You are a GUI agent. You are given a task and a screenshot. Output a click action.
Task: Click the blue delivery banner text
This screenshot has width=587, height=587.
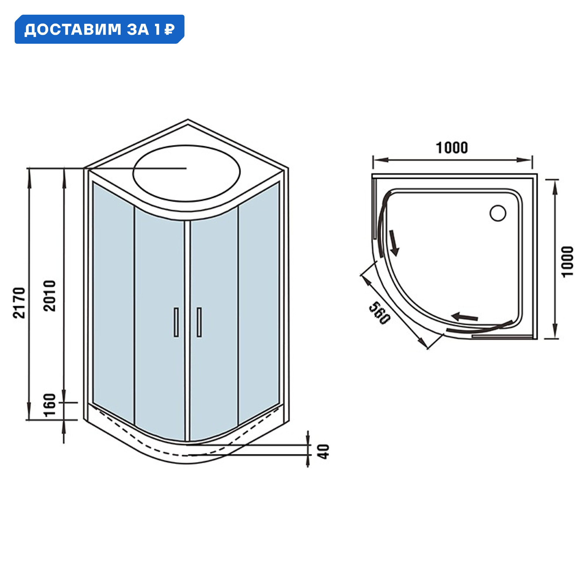point(99,29)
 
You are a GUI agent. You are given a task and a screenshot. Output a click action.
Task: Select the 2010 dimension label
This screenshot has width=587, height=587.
point(50,296)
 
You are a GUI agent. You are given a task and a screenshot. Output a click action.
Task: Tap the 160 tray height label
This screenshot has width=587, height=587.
point(50,405)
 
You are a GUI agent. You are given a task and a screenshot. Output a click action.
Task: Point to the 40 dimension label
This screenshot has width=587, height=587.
point(325,451)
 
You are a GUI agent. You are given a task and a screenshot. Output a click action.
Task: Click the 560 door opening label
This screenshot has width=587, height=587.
point(379,313)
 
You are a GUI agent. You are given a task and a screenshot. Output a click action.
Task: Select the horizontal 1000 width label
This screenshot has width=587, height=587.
point(452,148)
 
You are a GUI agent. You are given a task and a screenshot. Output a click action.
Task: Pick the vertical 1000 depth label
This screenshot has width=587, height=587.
point(567,262)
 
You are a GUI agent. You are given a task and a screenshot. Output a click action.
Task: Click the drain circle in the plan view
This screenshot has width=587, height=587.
point(498,213)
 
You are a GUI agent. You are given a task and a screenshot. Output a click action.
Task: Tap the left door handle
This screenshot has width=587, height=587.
point(176,322)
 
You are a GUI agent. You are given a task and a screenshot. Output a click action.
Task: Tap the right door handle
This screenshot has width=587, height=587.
point(199,322)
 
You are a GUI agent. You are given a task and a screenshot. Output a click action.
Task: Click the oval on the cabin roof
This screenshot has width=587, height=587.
point(186,173)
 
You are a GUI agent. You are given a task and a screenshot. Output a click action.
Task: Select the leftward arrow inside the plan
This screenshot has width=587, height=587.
point(465,317)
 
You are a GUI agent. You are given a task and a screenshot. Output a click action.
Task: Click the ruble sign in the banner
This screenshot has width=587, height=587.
point(169,29)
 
